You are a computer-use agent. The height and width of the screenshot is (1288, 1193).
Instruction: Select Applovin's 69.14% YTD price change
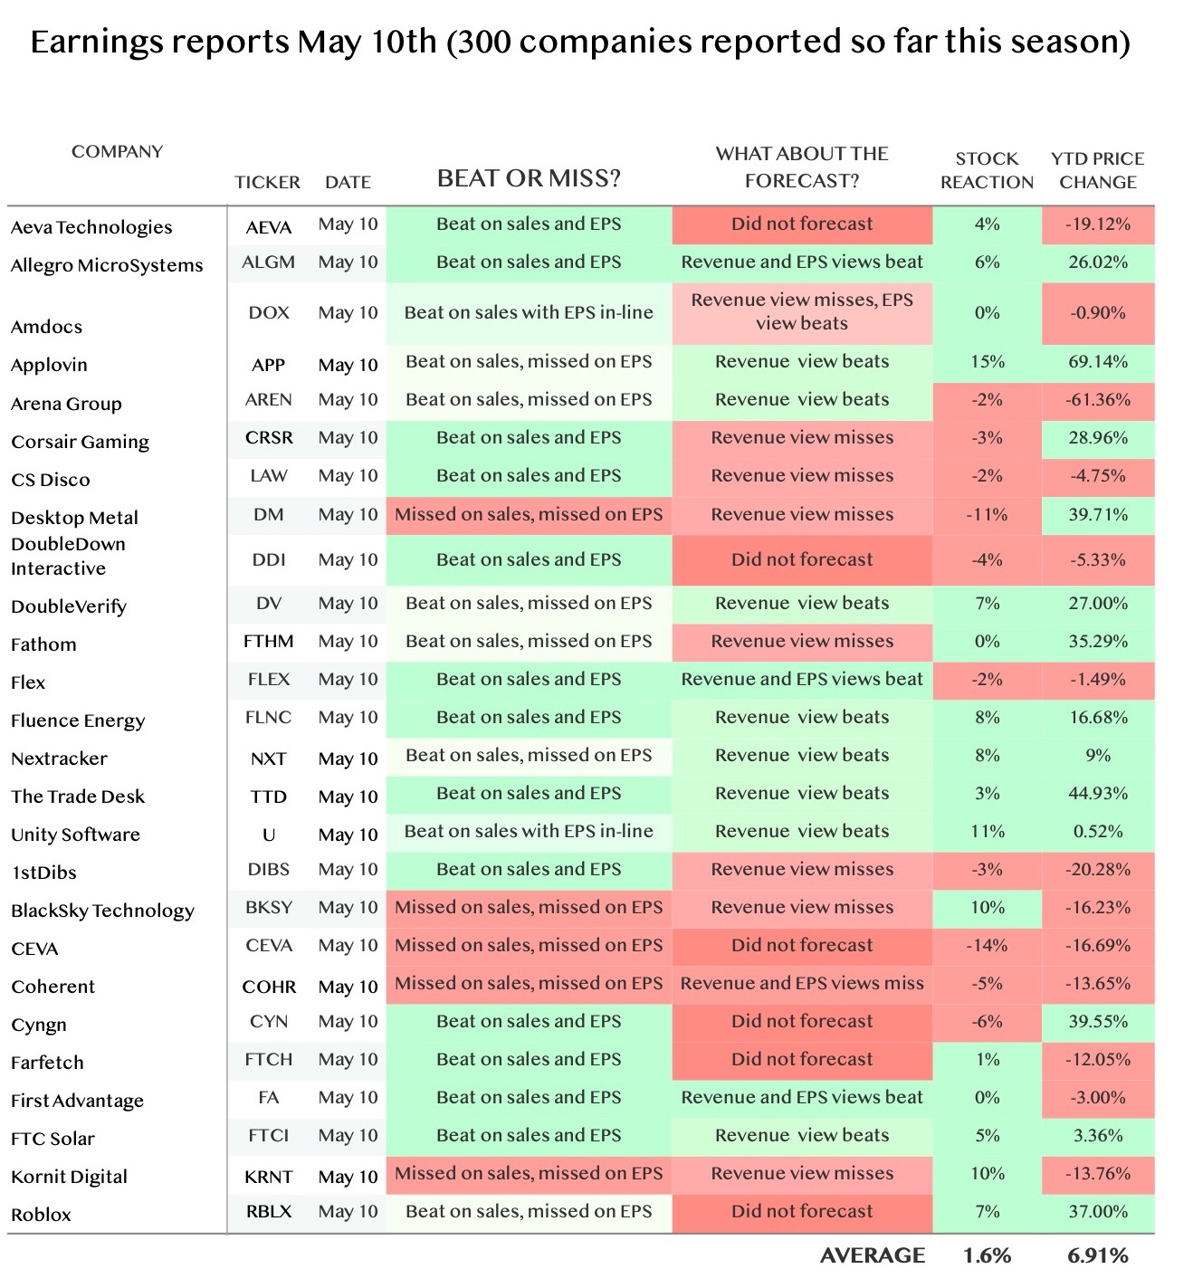[x=1098, y=361]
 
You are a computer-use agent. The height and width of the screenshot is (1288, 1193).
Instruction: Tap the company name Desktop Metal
[x=74, y=518]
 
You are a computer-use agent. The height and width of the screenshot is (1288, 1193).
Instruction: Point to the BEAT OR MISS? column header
[x=529, y=177]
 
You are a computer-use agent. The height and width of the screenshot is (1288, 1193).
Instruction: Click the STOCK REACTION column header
[x=987, y=170]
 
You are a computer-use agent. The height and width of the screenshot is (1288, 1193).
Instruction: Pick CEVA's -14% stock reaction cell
[x=987, y=945]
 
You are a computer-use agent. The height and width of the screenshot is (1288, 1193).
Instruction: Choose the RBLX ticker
[x=269, y=1211]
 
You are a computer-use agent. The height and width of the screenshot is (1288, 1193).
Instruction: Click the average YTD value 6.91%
[x=1098, y=1255]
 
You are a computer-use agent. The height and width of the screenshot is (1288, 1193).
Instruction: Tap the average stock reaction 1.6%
[x=987, y=1255]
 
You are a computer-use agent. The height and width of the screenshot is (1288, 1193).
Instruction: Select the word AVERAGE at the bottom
[x=873, y=1255]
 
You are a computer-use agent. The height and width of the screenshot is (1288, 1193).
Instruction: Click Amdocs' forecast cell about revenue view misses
[x=802, y=311]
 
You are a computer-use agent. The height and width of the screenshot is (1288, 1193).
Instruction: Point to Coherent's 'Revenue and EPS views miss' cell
[x=802, y=983]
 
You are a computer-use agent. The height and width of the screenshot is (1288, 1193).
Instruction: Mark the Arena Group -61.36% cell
[x=1098, y=399]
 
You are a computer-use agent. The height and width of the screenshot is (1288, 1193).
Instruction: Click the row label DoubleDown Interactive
[x=68, y=556]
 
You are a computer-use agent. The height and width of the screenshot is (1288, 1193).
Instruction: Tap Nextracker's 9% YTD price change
[x=1098, y=755]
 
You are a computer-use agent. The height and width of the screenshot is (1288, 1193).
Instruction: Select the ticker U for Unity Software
[x=269, y=835]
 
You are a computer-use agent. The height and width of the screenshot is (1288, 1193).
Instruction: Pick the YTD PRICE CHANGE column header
[x=1098, y=170]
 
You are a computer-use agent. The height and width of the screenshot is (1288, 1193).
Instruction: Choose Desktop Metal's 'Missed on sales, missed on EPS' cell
[x=529, y=514]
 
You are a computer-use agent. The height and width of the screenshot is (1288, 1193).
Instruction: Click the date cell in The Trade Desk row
[x=348, y=797]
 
